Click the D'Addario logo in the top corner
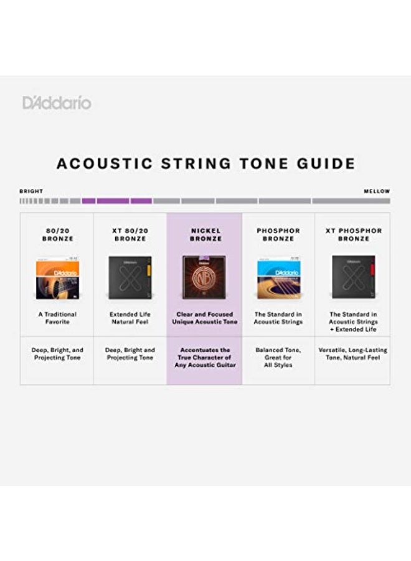click(57, 103)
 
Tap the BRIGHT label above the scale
click(31, 191)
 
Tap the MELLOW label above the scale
click(377, 191)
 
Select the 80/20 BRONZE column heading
click(57, 234)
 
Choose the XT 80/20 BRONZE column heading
click(130, 234)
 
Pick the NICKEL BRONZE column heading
click(205, 234)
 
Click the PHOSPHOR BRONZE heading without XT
click(278, 234)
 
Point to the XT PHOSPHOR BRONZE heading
click(352, 234)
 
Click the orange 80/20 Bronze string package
click(57, 279)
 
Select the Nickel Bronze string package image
click(205, 277)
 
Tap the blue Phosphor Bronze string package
click(278, 279)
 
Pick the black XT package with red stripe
click(353, 277)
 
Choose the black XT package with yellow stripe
click(130, 277)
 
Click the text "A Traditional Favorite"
click(57, 318)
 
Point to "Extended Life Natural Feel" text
click(130, 318)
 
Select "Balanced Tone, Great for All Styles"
click(278, 358)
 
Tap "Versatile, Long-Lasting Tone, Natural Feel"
click(352, 354)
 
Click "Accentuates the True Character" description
click(205, 358)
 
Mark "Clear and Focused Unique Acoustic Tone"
click(205, 318)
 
